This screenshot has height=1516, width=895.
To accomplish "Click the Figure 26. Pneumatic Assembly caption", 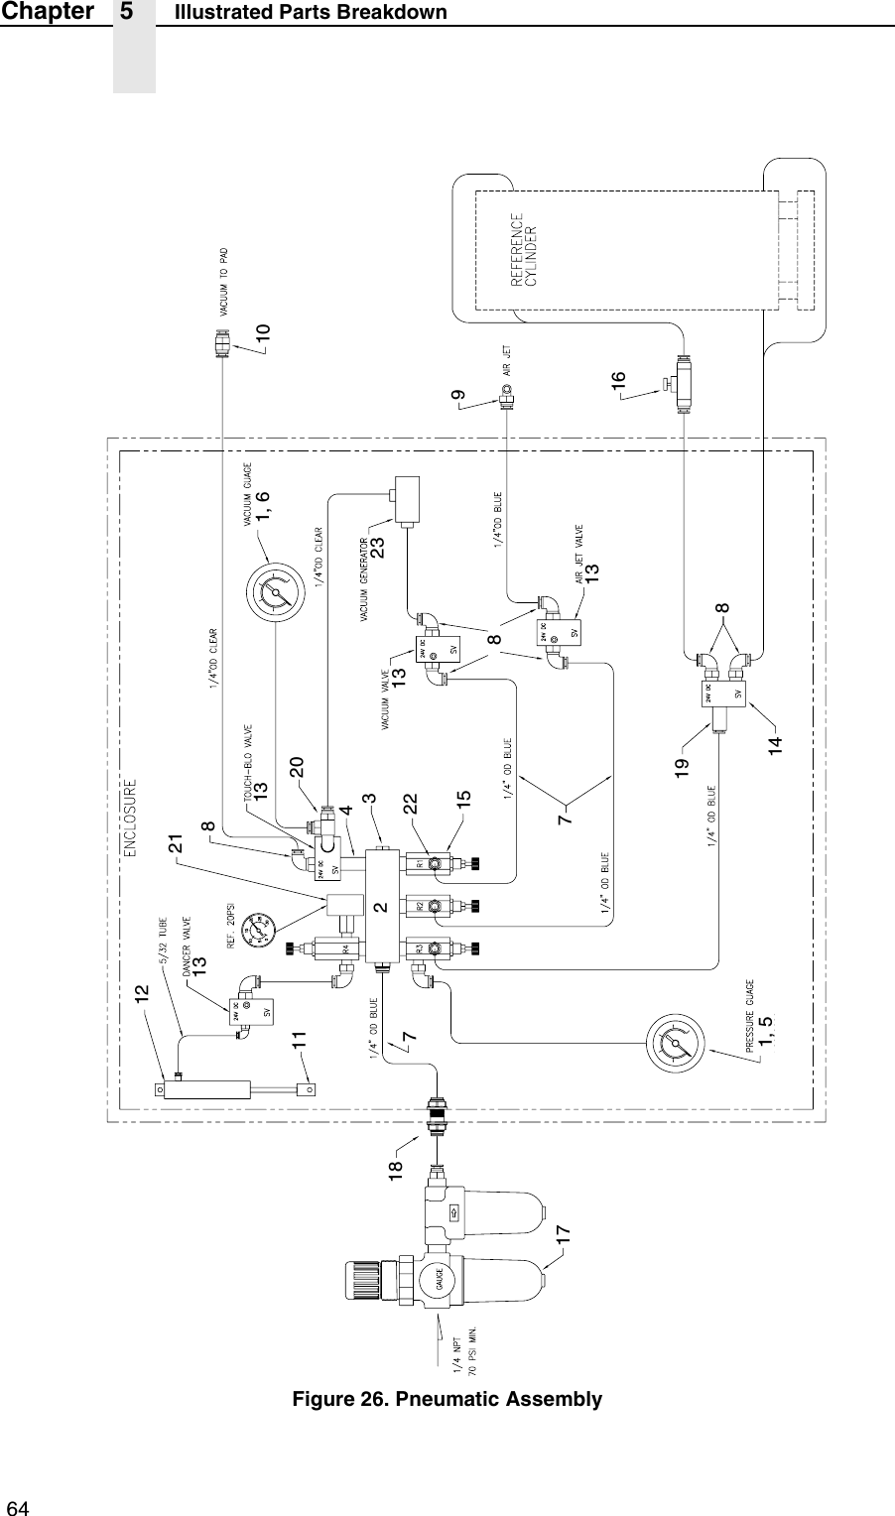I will point(447,1400).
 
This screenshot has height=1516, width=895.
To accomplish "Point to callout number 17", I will point(563,1235).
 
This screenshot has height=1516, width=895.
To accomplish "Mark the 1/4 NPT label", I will point(457,1348).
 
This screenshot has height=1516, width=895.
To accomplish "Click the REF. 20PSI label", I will point(225,910).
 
